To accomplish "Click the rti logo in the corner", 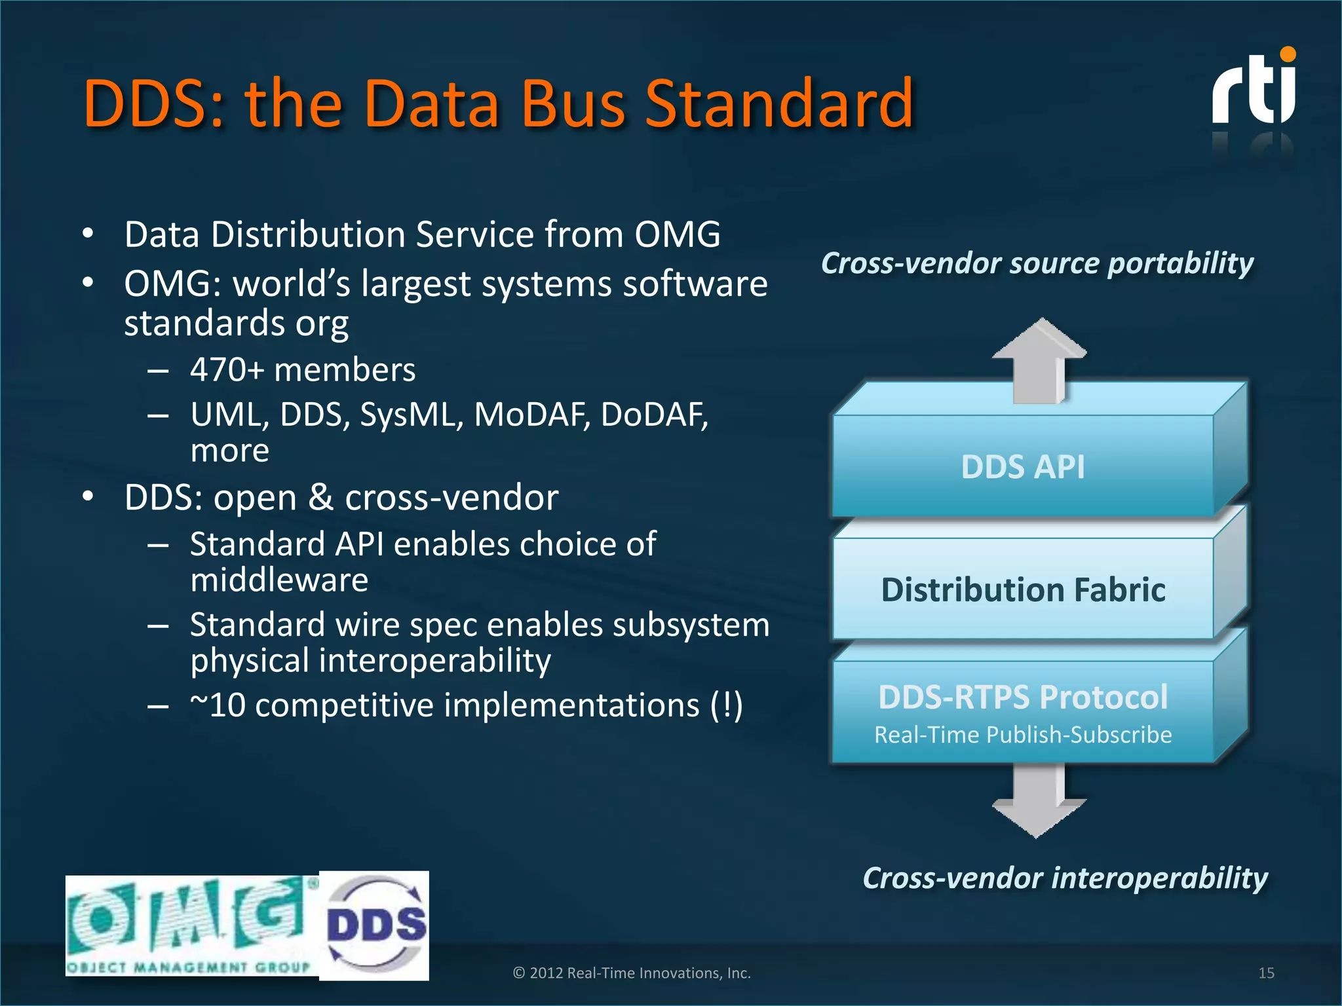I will coord(1253,88).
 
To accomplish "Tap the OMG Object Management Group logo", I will coord(190,925).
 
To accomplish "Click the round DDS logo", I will coord(375,925).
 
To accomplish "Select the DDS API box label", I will coord(1022,467).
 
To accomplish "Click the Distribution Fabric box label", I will coord(1023,589).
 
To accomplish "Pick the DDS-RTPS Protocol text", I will coord(1023,696).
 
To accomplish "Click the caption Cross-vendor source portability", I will coord(1037,263).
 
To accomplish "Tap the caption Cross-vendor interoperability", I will coord(1065,878).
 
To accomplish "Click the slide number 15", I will coord(1266,973).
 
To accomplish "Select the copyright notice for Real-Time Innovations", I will coord(632,973).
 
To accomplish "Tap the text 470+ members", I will coord(303,370).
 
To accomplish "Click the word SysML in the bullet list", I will coord(412,415).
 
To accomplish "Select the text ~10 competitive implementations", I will coord(467,705).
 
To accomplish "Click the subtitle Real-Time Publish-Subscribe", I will coord(1023,735).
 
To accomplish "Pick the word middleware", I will coord(279,580).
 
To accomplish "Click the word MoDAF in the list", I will coord(531,415).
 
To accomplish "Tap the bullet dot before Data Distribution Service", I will coord(88,234).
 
